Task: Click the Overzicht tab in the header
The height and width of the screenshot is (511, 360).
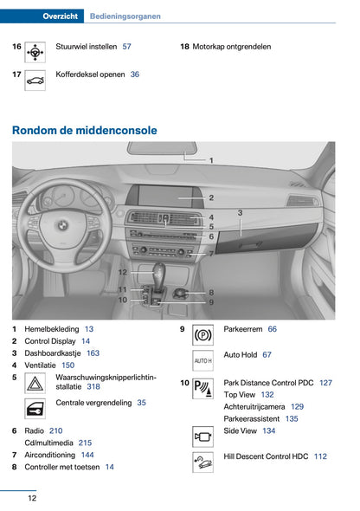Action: point(60,16)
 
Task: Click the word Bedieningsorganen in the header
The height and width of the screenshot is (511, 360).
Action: point(125,16)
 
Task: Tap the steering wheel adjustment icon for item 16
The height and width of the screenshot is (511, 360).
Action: point(35,52)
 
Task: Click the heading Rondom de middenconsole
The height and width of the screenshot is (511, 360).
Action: point(85,131)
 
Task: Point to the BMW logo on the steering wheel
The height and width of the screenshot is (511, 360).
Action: point(61,224)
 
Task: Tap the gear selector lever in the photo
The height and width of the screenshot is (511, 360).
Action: point(160,275)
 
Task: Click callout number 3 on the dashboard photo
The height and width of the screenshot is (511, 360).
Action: point(240,211)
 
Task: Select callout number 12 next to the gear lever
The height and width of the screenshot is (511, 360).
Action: point(123,272)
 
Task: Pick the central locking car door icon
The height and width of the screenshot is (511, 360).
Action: point(35,409)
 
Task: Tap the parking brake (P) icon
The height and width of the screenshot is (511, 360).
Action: point(202,334)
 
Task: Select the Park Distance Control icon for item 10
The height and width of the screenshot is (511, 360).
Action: point(202,388)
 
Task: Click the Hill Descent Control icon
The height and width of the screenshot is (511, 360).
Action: point(202,462)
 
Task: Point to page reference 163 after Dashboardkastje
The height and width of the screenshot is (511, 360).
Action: point(93,353)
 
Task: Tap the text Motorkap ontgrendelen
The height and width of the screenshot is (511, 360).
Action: point(231,47)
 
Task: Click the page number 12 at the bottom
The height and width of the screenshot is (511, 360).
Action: point(31,498)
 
